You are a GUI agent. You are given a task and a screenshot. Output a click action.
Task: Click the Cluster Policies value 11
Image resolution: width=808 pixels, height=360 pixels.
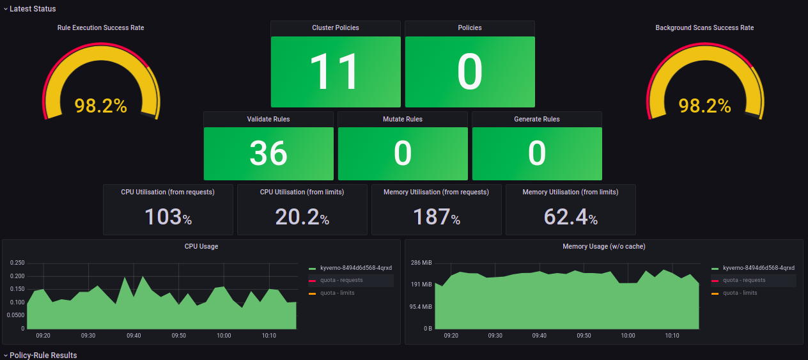point(335,72)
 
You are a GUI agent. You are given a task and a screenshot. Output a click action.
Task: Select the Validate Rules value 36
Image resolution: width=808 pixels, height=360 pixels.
point(268,153)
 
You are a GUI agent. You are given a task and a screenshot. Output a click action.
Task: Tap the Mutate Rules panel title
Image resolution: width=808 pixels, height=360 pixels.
point(402,119)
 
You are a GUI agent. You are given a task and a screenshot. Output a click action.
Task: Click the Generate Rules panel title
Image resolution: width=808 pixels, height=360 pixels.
point(536,119)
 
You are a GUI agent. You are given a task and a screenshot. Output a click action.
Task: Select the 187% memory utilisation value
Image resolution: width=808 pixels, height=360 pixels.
point(436,217)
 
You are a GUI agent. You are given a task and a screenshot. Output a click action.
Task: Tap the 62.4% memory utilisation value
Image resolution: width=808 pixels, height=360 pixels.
point(570,217)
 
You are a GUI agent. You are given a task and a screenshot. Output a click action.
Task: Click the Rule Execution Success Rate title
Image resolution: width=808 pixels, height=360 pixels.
point(100,28)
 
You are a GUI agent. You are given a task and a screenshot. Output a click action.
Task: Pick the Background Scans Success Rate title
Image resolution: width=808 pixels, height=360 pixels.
point(704,28)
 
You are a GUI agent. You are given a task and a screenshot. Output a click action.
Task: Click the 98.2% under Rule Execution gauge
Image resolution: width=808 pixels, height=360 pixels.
point(100,106)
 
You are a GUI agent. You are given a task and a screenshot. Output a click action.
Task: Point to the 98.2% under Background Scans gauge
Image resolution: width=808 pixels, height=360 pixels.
point(704,106)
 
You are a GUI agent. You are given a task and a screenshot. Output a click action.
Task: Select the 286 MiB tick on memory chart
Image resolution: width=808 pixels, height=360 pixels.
point(421,263)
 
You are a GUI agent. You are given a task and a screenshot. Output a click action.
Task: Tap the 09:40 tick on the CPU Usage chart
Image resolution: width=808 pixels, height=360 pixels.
point(134,336)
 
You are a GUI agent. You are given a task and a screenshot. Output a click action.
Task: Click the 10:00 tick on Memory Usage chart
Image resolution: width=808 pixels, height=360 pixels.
point(628,336)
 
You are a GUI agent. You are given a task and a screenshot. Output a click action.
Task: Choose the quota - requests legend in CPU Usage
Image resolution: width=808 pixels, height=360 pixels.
point(341,280)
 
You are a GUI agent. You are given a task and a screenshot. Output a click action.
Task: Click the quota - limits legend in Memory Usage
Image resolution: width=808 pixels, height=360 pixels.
point(740,293)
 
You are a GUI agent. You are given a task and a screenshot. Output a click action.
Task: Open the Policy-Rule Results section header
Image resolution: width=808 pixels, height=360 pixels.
point(43,355)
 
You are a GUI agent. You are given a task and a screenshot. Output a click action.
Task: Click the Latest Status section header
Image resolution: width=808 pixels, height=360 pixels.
point(33,9)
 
